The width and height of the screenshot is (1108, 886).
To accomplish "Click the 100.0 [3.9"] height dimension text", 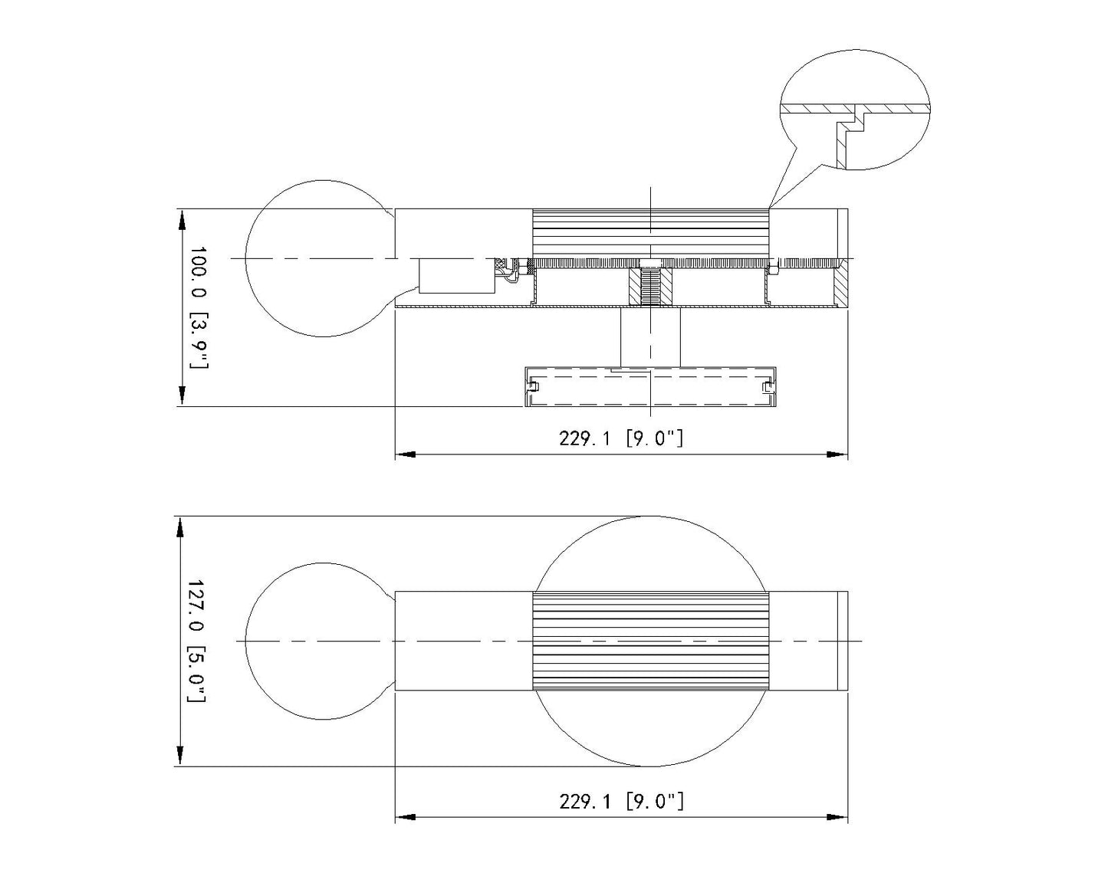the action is pyautogui.click(x=199, y=307).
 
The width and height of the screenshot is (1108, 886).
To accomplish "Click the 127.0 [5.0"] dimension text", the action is pyautogui.click(x=196, y=642).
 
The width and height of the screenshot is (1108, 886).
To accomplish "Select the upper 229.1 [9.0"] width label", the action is pyautogui.click(x=621, y=438).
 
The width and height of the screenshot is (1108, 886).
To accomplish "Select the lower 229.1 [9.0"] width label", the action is pyautogui.click(x=621, y=802).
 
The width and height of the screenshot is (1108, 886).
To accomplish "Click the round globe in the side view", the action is pyautogui.click(x=246, y=258).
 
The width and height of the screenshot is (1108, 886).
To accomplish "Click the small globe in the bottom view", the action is pyautogui.click(x=246, y=642).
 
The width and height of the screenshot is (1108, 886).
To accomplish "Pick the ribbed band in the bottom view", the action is pyautogui.click(x=651, y=641).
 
